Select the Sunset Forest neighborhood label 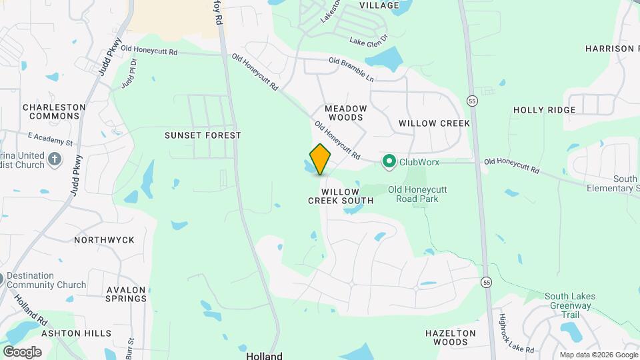(x=203, y=135)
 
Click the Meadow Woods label (x=345, y=113)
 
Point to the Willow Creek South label (x=340, y=196)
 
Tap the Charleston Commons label (x=54, y=111)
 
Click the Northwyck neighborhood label (x=104, y=240)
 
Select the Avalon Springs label (x=126, y=294)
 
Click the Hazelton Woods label (x=451, y=337)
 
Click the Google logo (x=22, y=351)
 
